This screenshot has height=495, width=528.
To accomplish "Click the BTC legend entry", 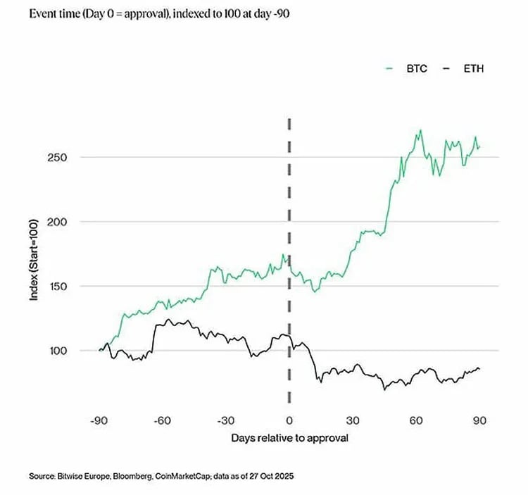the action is coord(406,69).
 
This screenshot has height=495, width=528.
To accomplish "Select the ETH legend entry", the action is coord(463,69).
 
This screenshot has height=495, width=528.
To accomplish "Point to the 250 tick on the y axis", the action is coord(57,158).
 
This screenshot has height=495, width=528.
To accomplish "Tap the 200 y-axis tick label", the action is coord(57,222).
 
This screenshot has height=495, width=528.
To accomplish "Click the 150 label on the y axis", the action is coord(57,286).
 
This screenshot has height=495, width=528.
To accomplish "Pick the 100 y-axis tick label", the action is coord(58,351).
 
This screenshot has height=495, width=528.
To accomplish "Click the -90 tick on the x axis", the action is coord(99,420).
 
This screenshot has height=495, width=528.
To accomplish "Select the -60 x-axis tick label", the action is coord(163,420).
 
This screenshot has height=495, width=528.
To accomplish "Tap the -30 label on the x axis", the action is coord(225,420).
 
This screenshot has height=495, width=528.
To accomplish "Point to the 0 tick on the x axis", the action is coord(289,420).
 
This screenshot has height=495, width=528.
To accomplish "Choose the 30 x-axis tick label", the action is coord(353,420).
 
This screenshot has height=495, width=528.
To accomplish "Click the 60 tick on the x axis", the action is coord(416,420).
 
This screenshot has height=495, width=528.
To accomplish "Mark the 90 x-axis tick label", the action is coord(479,420).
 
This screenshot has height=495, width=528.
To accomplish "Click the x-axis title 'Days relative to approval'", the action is coord(289,438).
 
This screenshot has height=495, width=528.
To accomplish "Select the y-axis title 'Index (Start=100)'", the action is coord(34,260).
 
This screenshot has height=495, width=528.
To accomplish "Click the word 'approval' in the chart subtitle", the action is coord(145,14).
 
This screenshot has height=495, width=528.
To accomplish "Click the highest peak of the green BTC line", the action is coord(420,130).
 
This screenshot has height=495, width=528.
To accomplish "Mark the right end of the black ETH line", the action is coord(479,370).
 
